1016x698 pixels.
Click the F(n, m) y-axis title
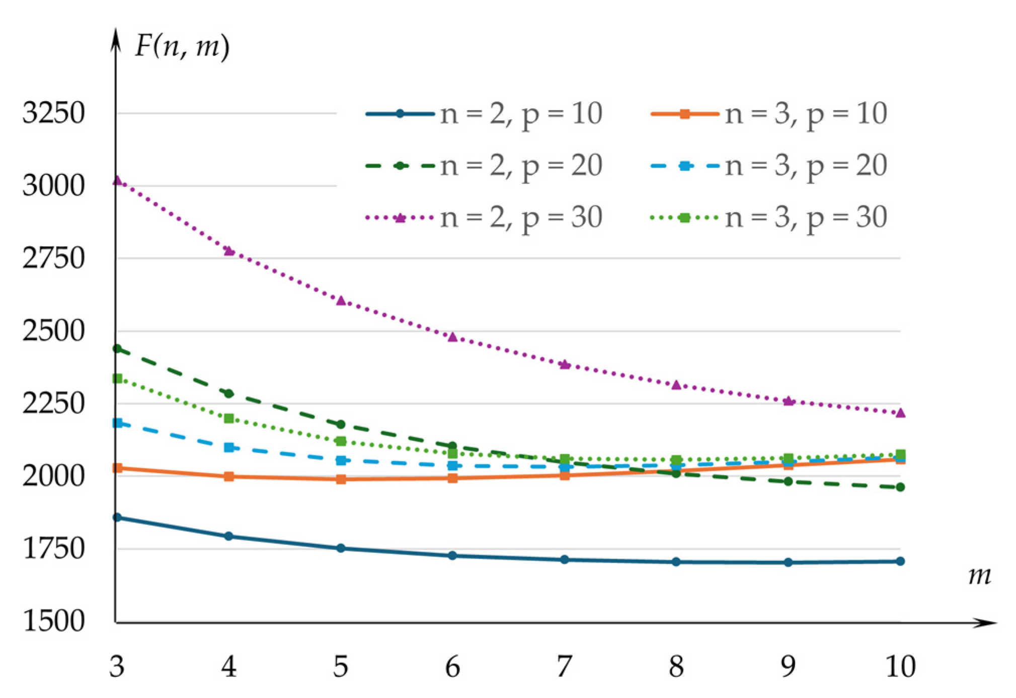click(x=182, y=47)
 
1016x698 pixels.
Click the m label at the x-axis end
click(x=979, y=575)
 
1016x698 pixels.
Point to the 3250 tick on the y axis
click(x=53, y=113)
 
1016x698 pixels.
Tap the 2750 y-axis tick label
click(x=53, y=259)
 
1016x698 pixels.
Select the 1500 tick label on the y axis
click(x=53, y=621)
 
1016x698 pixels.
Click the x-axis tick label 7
click(x=564, y=667)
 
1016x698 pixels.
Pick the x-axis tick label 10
click(x=900, y=667)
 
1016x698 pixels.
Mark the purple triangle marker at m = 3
click(x=117, y=180)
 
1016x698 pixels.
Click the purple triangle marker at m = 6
click(x=452, y=337)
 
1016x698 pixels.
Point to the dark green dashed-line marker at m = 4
click(x=229, y=393)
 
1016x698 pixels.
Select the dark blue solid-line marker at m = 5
click(x=341, y=548)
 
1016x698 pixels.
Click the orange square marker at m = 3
click(x=117, y=468)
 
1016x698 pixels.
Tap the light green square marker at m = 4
click(x=229, y=418)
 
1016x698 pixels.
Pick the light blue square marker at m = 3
click(x=117, y=423)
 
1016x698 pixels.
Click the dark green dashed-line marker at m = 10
click(x=900, y=487)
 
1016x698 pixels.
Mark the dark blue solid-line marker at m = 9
click(x=788, y=562)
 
